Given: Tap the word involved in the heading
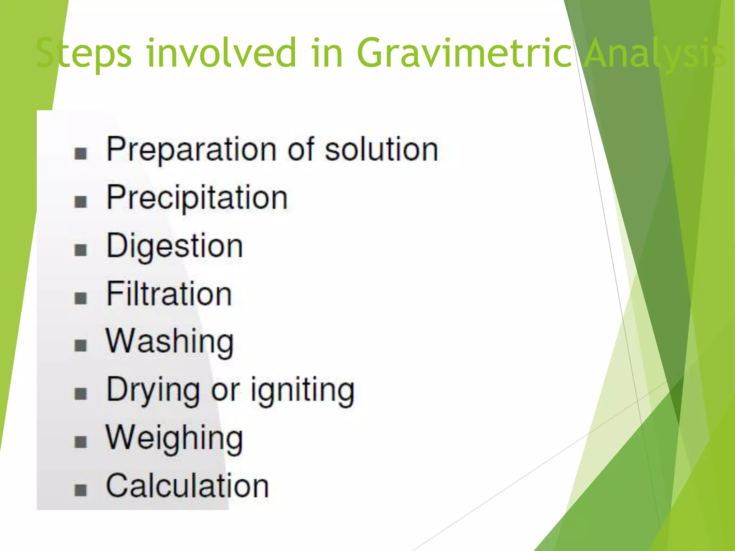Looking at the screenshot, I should (221, 53).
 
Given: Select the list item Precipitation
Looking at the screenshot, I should (197, 198).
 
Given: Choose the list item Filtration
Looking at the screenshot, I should (169, 294).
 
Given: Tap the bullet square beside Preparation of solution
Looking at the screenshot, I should (81, 154).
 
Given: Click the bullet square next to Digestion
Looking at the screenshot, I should (81, 250).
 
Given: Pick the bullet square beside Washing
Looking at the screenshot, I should (81, 345).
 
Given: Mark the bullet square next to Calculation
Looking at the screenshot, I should (81, 490).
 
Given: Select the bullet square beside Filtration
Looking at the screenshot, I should (81, 298).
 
